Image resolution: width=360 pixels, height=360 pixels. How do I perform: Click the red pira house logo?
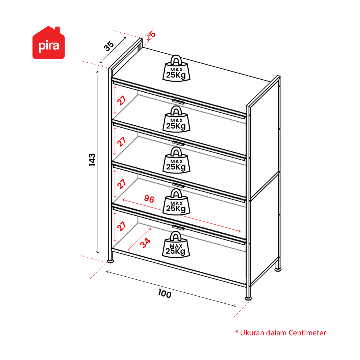point(48,43)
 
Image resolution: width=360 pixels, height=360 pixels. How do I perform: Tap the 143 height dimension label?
point(92,160)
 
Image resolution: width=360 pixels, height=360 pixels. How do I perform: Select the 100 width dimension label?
point(165,294)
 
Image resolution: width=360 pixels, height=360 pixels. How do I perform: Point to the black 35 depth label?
point(109,46)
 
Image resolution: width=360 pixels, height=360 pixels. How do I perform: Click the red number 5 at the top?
point(153,34)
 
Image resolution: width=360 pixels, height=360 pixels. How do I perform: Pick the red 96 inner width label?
point(149,199)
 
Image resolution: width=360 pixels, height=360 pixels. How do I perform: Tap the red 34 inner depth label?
point(145,243)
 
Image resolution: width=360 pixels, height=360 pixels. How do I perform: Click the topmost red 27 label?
point(122,100)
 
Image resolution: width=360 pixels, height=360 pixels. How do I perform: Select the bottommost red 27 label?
point(122,226)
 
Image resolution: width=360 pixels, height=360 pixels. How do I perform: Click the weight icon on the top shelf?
point(176,68)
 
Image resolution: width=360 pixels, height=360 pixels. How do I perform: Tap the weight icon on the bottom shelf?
point(176,244)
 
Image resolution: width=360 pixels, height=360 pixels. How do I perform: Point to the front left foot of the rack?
point(111,261)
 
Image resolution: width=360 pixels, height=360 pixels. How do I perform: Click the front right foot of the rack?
point(248,298)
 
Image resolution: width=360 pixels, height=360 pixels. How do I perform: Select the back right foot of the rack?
point(278,269)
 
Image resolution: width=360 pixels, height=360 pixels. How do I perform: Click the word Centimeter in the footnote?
point(307,333)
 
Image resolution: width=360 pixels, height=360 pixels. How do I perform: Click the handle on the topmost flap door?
point(179,102)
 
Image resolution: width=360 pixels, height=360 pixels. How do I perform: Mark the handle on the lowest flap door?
point(179,227)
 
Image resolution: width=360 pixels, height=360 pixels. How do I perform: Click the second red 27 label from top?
point(122,142)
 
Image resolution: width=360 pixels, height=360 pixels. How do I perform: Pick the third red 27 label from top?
point(122,184)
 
